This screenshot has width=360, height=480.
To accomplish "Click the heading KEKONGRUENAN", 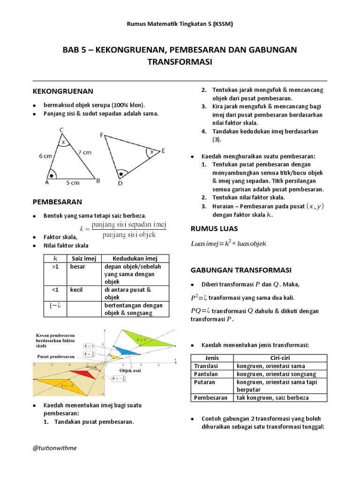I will click(63, 91).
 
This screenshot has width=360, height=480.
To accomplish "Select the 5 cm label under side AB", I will click(73, 182).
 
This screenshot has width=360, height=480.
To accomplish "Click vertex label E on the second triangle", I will click(163, 151).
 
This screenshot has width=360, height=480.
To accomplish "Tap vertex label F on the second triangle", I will click(101, 135).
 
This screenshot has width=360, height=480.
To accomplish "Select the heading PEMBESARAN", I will click(57, 202).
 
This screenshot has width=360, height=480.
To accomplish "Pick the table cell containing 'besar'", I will click(77, 266).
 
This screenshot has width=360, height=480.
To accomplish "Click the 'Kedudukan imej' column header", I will click(135, 258).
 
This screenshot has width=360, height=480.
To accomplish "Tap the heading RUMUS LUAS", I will click(214, 229).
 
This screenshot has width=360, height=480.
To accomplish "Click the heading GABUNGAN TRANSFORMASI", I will click(240, 270).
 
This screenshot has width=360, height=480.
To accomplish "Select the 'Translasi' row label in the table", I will click(206, 366).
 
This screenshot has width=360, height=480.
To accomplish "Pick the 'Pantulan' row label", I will click(205, 374).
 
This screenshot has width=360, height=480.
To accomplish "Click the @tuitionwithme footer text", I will click(54, 448).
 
